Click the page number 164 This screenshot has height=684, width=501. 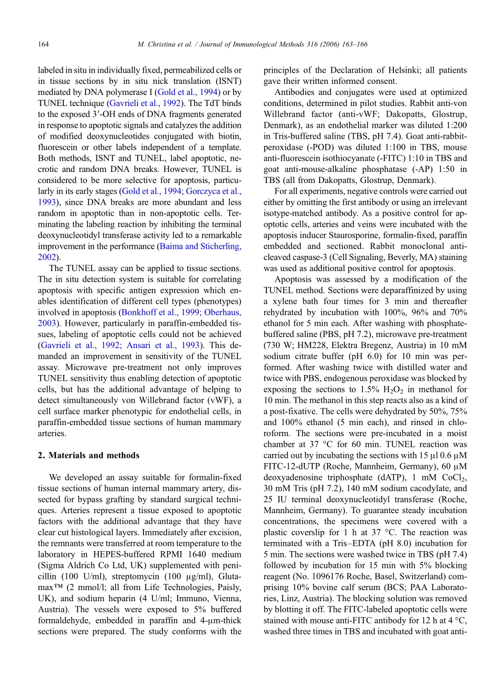tap(43, 44)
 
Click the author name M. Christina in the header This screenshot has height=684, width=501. tap(158, 44)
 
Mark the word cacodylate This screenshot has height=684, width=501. tap(433, 488)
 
